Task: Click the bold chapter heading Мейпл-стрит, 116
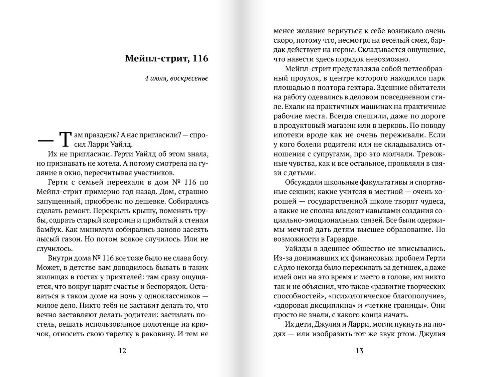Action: pos(166,58)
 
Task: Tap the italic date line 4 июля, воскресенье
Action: pos(176,78)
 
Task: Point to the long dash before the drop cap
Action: pos(46,140)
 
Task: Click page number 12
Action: pos(122,351)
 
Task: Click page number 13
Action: pos(359,351)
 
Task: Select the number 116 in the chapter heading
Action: pos(201,58)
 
